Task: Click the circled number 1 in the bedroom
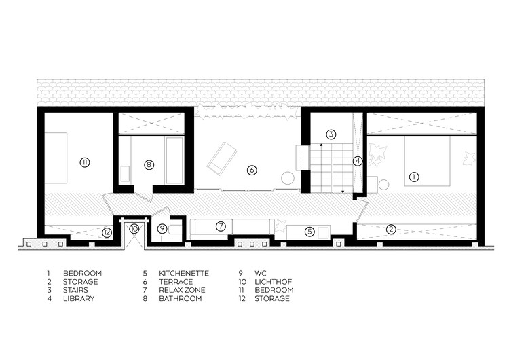414,177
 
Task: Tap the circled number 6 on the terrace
252,170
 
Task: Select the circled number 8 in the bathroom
149,165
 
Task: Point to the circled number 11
85,162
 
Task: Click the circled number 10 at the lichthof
134,229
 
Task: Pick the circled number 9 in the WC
162,229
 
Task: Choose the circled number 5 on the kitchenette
309,232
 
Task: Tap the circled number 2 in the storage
391,230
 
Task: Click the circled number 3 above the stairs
331,134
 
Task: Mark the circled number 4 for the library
358,161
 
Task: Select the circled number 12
107,232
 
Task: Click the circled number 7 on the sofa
221,226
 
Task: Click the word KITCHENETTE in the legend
184,273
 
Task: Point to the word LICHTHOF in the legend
274,282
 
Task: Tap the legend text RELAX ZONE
182,290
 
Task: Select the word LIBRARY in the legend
79,298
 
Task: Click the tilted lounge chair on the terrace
221,157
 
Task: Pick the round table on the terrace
288,179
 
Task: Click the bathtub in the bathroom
174,160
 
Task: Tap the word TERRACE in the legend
176,282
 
